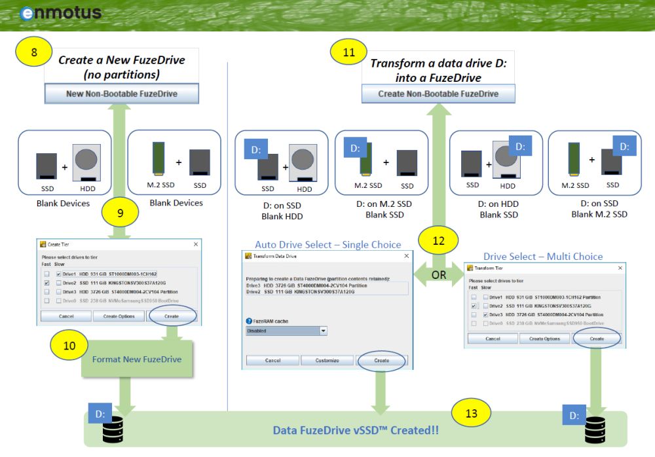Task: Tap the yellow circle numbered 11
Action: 349,52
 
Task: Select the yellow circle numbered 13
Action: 470,413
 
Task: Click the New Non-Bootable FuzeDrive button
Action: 122,94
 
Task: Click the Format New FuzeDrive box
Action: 137,359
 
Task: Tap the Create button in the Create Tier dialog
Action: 172,316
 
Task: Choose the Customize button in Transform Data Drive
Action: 327,360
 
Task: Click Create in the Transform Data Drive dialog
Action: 381,360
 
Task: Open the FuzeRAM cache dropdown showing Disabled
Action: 286,331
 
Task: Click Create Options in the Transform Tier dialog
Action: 544,338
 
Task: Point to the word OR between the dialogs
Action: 439,275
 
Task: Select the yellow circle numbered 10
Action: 69,344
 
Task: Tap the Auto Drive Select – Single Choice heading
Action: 327,244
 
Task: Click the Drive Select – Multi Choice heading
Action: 543,256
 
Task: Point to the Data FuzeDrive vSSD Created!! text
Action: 356,430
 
